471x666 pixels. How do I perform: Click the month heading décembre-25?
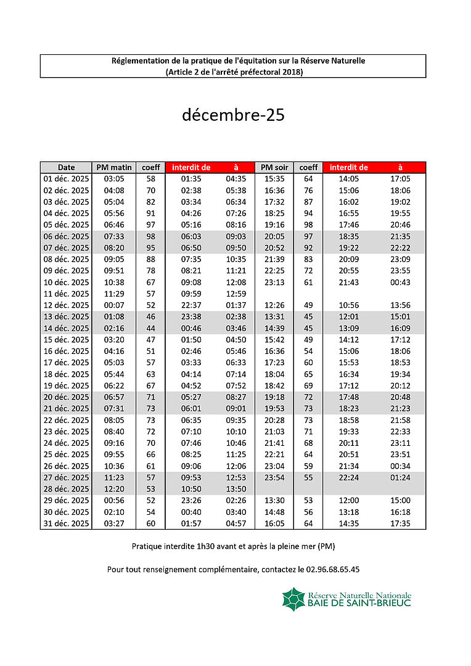[233, 115]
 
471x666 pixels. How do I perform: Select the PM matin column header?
[114, 167]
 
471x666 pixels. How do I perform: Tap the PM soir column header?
[274, 167]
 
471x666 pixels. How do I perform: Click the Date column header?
[66, 167]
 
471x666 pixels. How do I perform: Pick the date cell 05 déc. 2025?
[66, 225]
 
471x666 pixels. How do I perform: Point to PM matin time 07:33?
[114, 236]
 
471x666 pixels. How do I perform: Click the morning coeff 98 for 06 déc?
[150, 236]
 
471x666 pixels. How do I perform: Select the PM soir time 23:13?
[274, 282]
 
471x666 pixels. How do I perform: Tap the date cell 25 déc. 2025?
[66, 454]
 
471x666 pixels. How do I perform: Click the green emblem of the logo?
[293, 599]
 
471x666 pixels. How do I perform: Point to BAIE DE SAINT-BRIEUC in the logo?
[359, 603]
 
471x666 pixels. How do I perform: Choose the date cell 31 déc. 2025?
[66, 524]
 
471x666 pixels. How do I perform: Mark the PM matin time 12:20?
[114, 489]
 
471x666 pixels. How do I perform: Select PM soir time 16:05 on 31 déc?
[274, 524]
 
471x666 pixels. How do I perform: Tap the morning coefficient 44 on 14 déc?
[150, 328]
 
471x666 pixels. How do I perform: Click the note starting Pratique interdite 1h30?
[233, 546]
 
